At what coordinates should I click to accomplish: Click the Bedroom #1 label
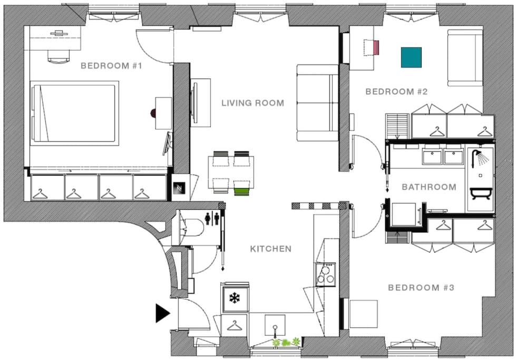coord(111,65)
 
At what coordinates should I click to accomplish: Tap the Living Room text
coord(253,103)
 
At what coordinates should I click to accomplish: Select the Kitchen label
coord(271,249)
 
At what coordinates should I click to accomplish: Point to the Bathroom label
coord(429,187)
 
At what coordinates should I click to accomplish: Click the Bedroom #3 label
coord(421,287)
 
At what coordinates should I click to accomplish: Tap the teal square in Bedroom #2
coord(411,57)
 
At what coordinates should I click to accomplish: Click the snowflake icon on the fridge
coord(235,298)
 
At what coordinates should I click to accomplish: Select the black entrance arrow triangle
coord(162,313)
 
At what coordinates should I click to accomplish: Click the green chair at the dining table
coord(242,191)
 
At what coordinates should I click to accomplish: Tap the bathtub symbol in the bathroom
coord(481,193)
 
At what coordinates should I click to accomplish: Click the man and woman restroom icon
coord(212,219)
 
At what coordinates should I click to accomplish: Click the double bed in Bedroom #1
coord(74,113)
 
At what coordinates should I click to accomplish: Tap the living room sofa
coord(317,103)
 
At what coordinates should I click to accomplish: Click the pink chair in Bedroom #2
coord(376,47)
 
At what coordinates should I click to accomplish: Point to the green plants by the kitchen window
coord(286,342)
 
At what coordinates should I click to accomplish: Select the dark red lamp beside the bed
coord(153,113)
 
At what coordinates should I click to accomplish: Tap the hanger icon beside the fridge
coord(234,325)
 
